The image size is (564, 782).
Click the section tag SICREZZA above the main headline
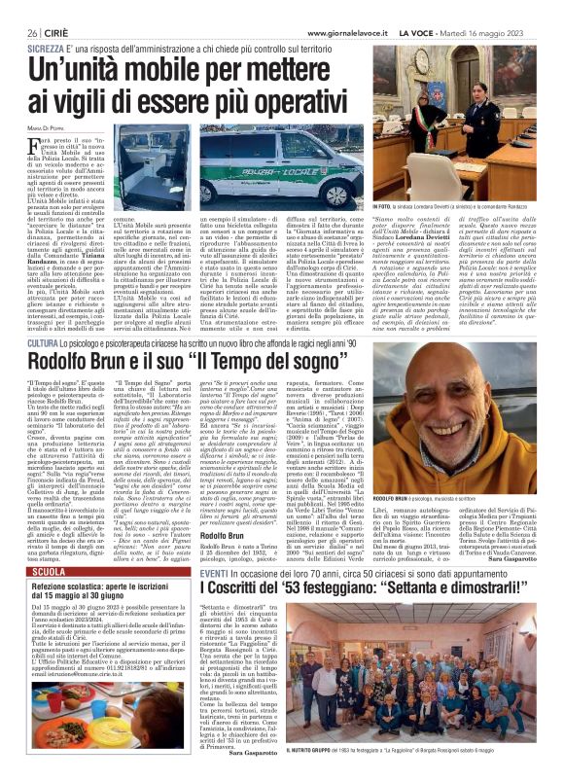click(46, 47)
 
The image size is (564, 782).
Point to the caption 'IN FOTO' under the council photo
click(384, 207)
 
